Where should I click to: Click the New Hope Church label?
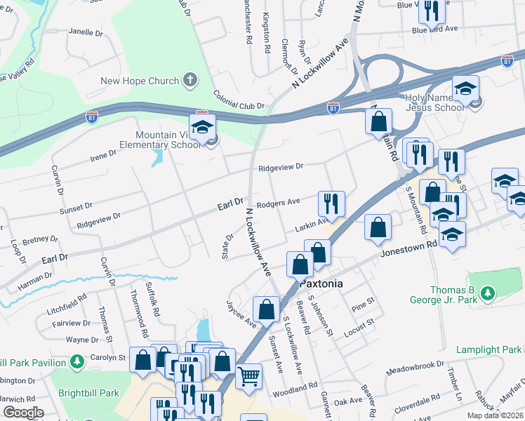tap(140, 81)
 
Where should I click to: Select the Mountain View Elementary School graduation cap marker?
tap(202, 128)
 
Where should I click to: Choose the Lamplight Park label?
tap(489, 349)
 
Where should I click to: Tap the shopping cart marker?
tap(248, 377)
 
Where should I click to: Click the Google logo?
tap(23, 412)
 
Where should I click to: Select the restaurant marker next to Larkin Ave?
tap(330, 203)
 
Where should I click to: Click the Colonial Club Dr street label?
tap(239, 106)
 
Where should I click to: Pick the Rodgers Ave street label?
tap(278, 203)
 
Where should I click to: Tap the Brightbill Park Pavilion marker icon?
tap(78, 363)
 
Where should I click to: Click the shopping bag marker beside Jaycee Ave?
tap(267, 309)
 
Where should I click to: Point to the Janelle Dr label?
tap(86, 32)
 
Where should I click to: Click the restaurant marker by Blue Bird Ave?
tap(429, 10)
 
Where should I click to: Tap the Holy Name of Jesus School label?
tap(434, 102)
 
